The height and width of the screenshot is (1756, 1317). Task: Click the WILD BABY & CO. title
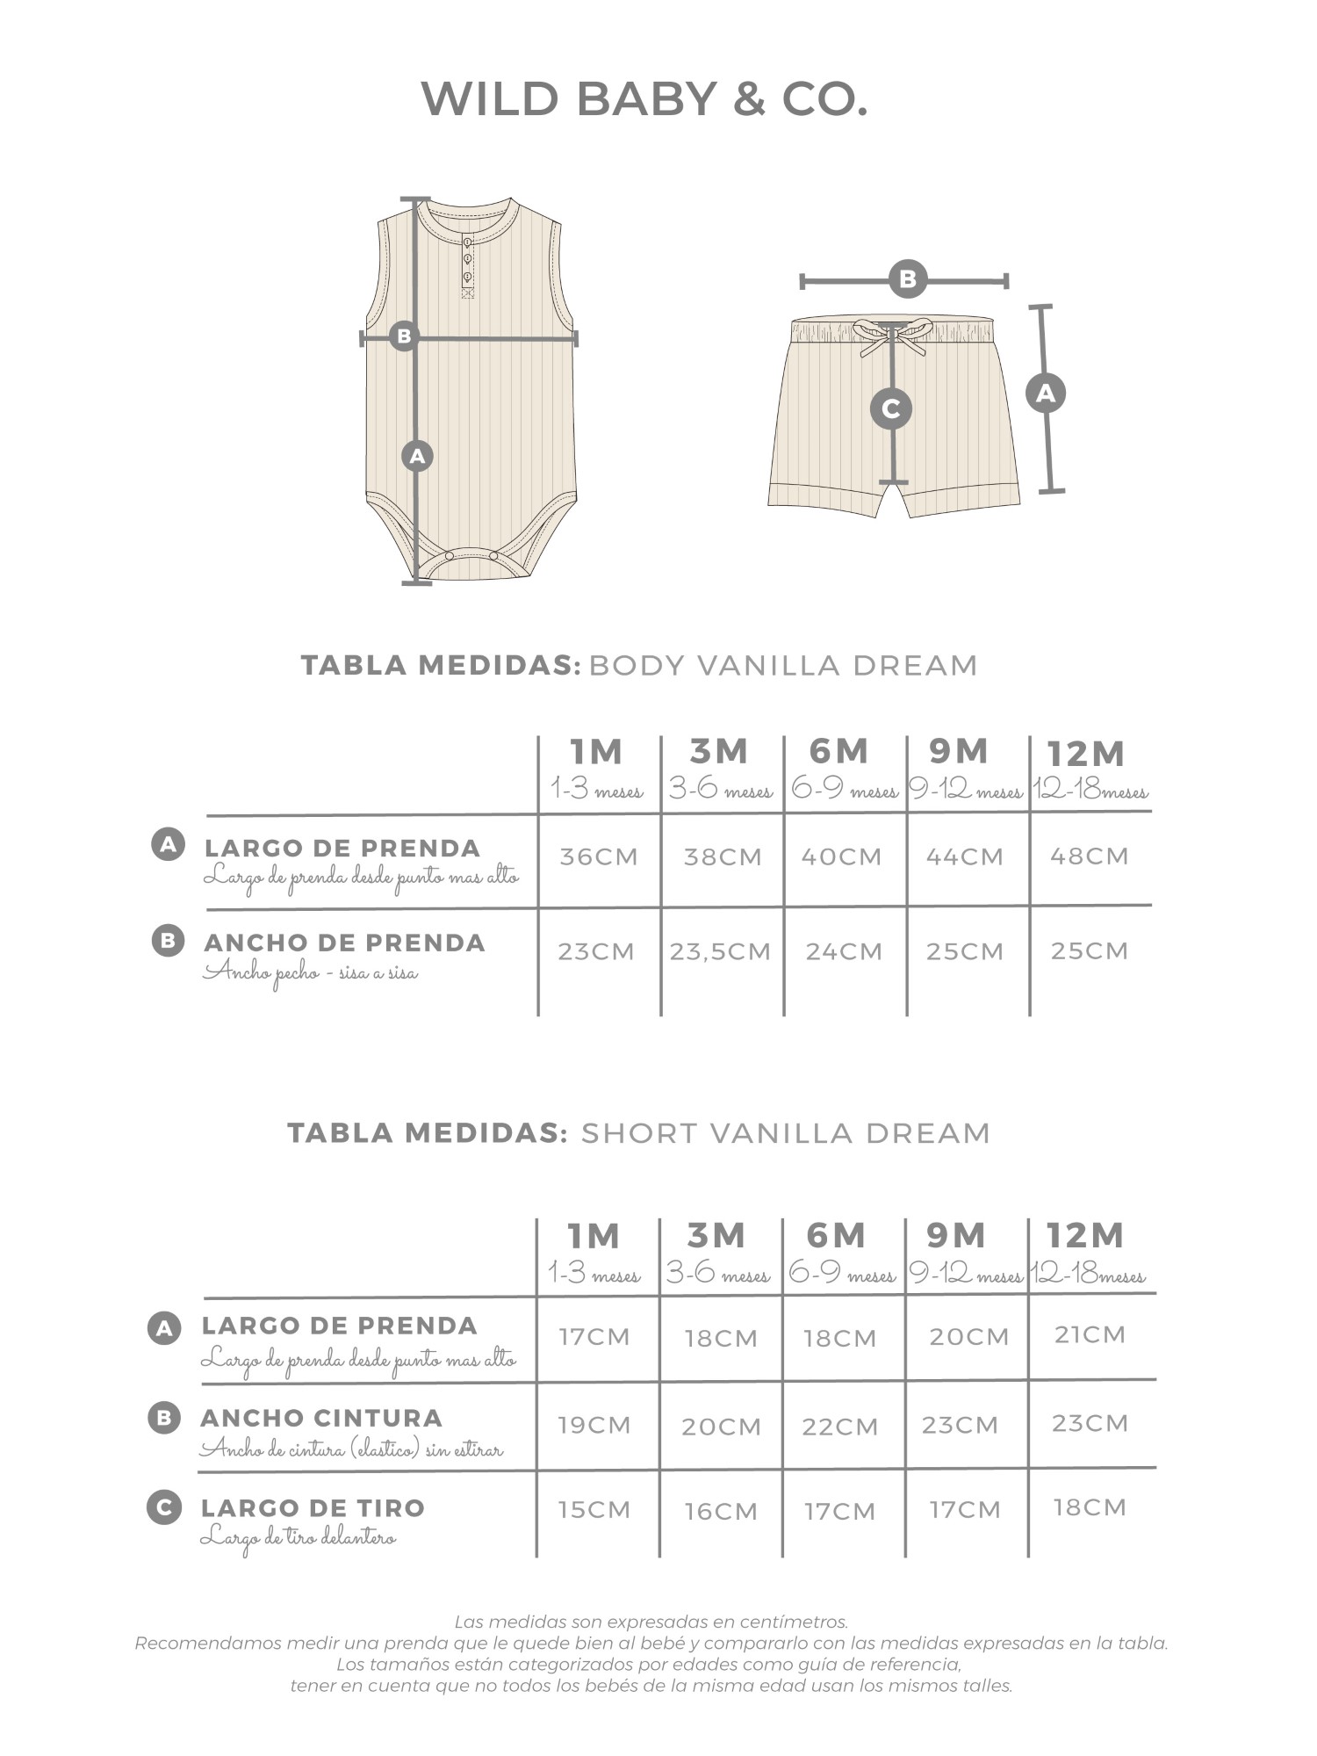[644, 99]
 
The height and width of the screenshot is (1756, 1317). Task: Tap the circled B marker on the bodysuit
[404, 336]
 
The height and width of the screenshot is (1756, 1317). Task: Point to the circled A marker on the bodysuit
[417, 456]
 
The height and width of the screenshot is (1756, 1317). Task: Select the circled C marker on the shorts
[890, 408]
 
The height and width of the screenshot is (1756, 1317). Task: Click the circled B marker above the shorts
[907, 280]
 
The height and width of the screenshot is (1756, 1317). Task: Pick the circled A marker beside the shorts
[1045, 393]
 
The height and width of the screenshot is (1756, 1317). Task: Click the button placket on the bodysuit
[467, 265]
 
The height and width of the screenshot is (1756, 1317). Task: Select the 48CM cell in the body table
[1090, 856]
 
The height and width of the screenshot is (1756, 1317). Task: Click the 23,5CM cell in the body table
[721, 951]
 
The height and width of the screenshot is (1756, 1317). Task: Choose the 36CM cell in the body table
[599, 856]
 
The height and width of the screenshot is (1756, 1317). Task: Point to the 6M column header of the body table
[838, 752]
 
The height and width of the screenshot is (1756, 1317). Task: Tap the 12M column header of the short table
[1085, 1236]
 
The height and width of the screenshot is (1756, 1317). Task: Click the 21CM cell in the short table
[1090, 1335]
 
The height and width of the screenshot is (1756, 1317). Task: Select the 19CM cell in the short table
[595, 1425]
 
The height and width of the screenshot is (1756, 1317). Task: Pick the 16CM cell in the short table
[721, 1511]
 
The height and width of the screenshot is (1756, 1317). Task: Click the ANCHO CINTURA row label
[321, 1418]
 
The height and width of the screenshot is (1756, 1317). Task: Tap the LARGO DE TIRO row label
[313, 1508]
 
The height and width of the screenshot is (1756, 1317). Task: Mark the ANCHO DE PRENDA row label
[344, 943]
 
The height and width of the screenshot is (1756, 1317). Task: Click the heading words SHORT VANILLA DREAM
[786, 1133]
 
